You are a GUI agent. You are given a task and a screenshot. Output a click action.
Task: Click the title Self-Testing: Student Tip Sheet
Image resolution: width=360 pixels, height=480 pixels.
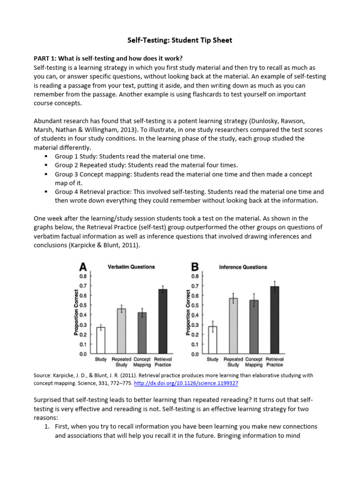click(x=180, y=40)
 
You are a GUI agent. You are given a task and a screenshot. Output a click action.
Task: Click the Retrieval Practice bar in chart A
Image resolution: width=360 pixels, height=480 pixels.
click(x=163, y=322)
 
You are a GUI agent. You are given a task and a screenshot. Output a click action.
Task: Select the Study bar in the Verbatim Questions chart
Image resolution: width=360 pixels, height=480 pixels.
click(x=101, y=340)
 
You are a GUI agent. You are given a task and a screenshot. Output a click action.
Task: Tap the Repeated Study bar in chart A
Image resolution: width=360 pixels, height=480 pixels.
click(x=121, y=331)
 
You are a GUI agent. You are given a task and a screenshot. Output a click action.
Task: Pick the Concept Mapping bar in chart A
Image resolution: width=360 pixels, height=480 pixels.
click(x=142, y=333)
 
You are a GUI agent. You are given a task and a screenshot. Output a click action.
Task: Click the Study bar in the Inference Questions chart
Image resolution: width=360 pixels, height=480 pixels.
click(x=212, y=340)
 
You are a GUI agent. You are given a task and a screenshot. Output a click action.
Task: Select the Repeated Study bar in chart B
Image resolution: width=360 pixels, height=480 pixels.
click(x=233, y=326)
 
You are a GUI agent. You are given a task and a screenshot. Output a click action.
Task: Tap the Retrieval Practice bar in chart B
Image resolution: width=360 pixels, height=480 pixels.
click(x=274, y=320)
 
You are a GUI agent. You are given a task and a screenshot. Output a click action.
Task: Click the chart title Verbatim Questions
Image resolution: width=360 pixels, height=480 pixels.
click(x=131, y=267)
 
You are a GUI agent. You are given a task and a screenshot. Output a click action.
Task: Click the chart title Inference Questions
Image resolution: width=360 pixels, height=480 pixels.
click(x=243, y=267)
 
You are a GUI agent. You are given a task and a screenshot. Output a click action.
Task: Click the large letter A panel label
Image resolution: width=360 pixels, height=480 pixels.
click(x=83, y=267)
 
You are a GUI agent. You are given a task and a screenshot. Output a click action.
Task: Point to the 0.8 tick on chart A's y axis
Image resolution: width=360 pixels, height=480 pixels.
click(x=82, y=276)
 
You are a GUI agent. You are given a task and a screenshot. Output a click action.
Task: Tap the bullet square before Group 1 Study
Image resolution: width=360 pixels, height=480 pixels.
click(x=46, y=157)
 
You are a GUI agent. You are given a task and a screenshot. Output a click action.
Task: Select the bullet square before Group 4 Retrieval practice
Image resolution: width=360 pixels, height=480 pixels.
click(x=46, y=192)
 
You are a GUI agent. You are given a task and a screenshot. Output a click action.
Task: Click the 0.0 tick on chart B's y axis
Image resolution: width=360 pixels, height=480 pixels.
click(x=195, y=354)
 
